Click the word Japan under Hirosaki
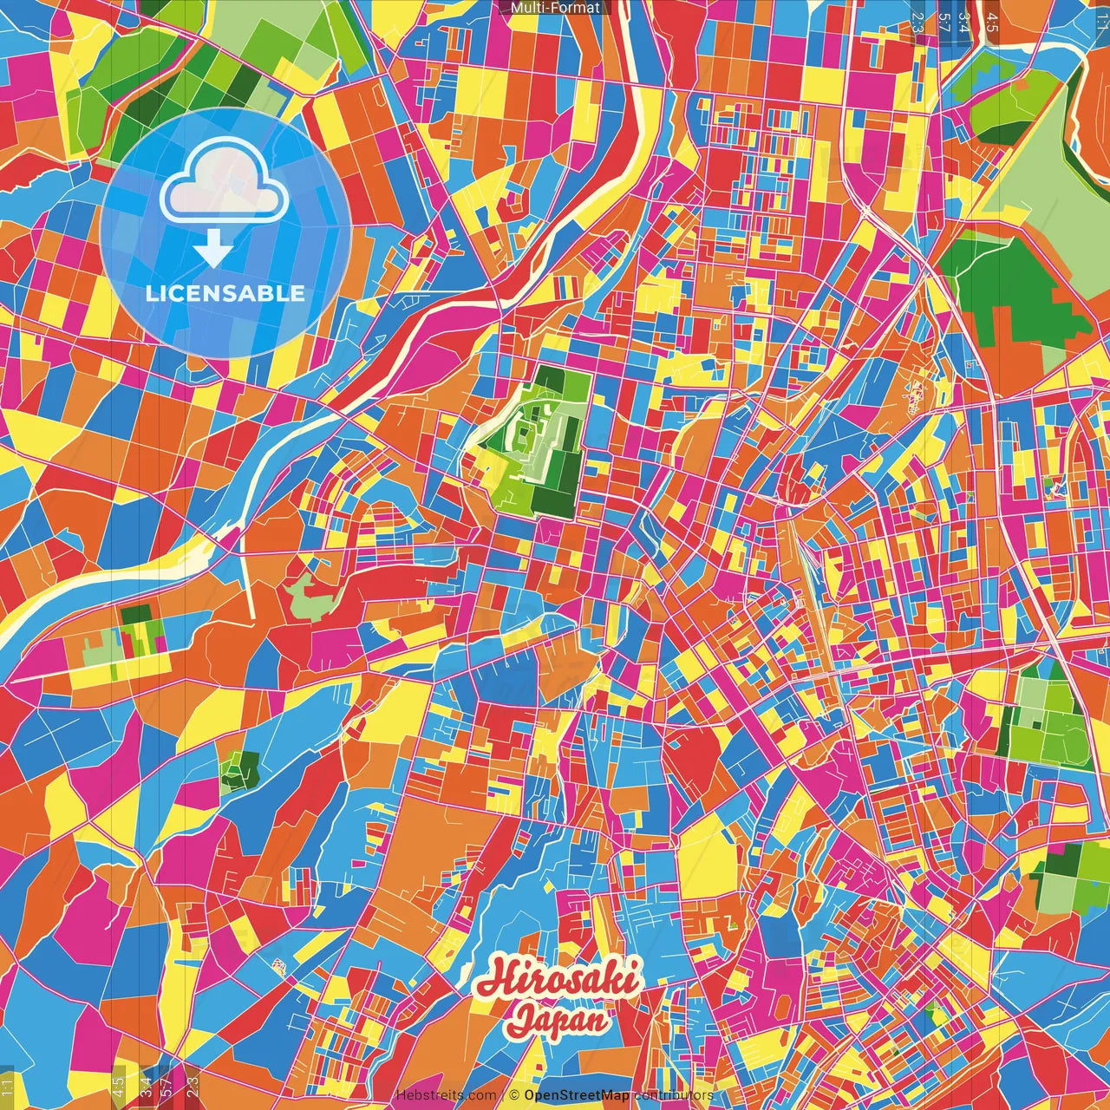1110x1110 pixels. [558, 1019]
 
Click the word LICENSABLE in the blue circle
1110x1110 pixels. [225, 293]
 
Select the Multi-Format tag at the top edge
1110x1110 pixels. [555, 8]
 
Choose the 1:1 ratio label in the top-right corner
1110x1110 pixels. [1101, 16]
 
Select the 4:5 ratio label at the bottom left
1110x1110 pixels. [118, 1084]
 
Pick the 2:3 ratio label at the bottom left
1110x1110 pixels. [193, 1084]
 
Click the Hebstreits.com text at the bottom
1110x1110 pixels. [447, 1096]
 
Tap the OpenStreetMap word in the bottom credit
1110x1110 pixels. [577, 1096]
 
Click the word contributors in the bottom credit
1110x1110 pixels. [674, 1096]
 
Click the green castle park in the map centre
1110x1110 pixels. [539, 442]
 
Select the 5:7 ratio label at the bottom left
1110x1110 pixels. [166, 1084]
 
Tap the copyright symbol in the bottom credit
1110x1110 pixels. [513, 1096]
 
